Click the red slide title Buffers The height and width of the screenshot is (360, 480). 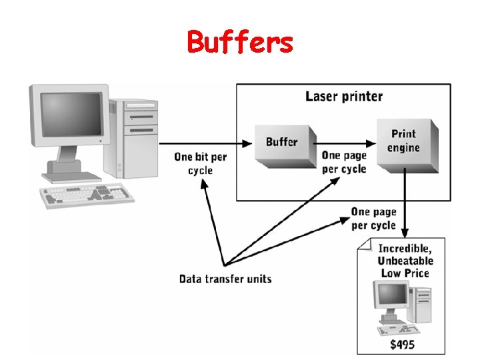[x=240, y=42]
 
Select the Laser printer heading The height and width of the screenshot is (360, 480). [x=344, y=96]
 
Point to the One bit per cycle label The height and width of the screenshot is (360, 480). [x=200, y=164]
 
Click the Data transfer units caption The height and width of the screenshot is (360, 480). [x=225, y=278]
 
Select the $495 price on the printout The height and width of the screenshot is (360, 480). [x=403, y=344]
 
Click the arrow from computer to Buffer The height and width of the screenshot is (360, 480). [x=207, y=143]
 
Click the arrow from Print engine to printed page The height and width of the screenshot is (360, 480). [x=405, y=200]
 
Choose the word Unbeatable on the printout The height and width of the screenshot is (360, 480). [x=405, y=261]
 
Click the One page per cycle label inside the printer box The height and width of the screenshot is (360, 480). [x=344, y=162]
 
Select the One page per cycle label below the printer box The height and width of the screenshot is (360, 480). [x=373, y=218]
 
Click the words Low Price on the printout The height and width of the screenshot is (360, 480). [x=405, y=273]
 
